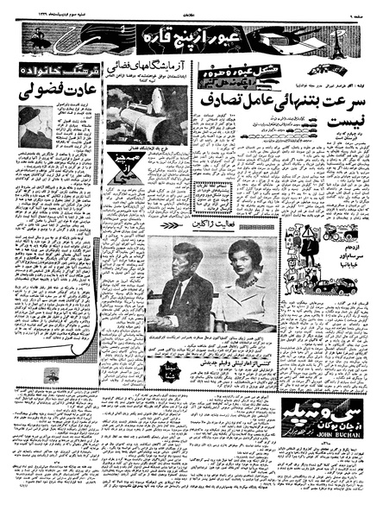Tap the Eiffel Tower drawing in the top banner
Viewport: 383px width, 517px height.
(350, 38)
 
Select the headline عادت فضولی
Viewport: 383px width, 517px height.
(61, 90)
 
